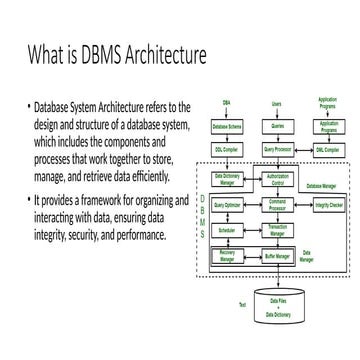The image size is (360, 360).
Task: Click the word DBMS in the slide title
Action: (93, 52)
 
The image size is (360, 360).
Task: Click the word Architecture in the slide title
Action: (165, 52)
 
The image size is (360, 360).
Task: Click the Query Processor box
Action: (277, 150)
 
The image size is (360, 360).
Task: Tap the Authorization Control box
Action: (277, 180)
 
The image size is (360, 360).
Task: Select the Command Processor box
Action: (277, 204)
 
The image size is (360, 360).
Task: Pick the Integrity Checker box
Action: (328, 204)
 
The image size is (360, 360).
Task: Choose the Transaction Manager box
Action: (277, 229)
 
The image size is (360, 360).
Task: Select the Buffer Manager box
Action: (277, 256)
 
